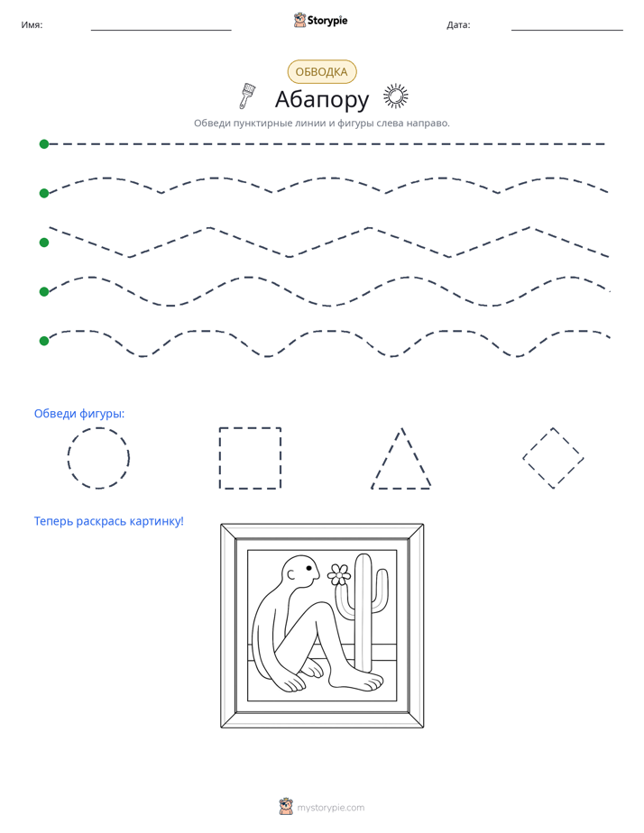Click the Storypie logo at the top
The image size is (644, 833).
[320, 20]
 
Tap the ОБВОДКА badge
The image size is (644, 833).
[321, 72]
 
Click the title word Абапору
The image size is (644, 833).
[321, 99]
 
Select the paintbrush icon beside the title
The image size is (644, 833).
[246, 96]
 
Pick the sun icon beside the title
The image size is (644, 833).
[396, 96]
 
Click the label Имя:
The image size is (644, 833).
[32, 25]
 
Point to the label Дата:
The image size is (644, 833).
[458, 25]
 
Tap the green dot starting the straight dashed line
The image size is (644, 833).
[44, 144]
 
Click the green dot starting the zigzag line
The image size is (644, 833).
[44, 243]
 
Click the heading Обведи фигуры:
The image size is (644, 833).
[79, 413]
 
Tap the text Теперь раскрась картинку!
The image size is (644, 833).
[109, 521]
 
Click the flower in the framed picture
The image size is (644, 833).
[339, 574]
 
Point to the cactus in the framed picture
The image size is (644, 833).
[364, 611]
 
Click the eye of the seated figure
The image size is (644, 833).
[308, 569]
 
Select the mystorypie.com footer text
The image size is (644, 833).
[330, 808]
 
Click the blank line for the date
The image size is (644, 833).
[567, 31]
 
